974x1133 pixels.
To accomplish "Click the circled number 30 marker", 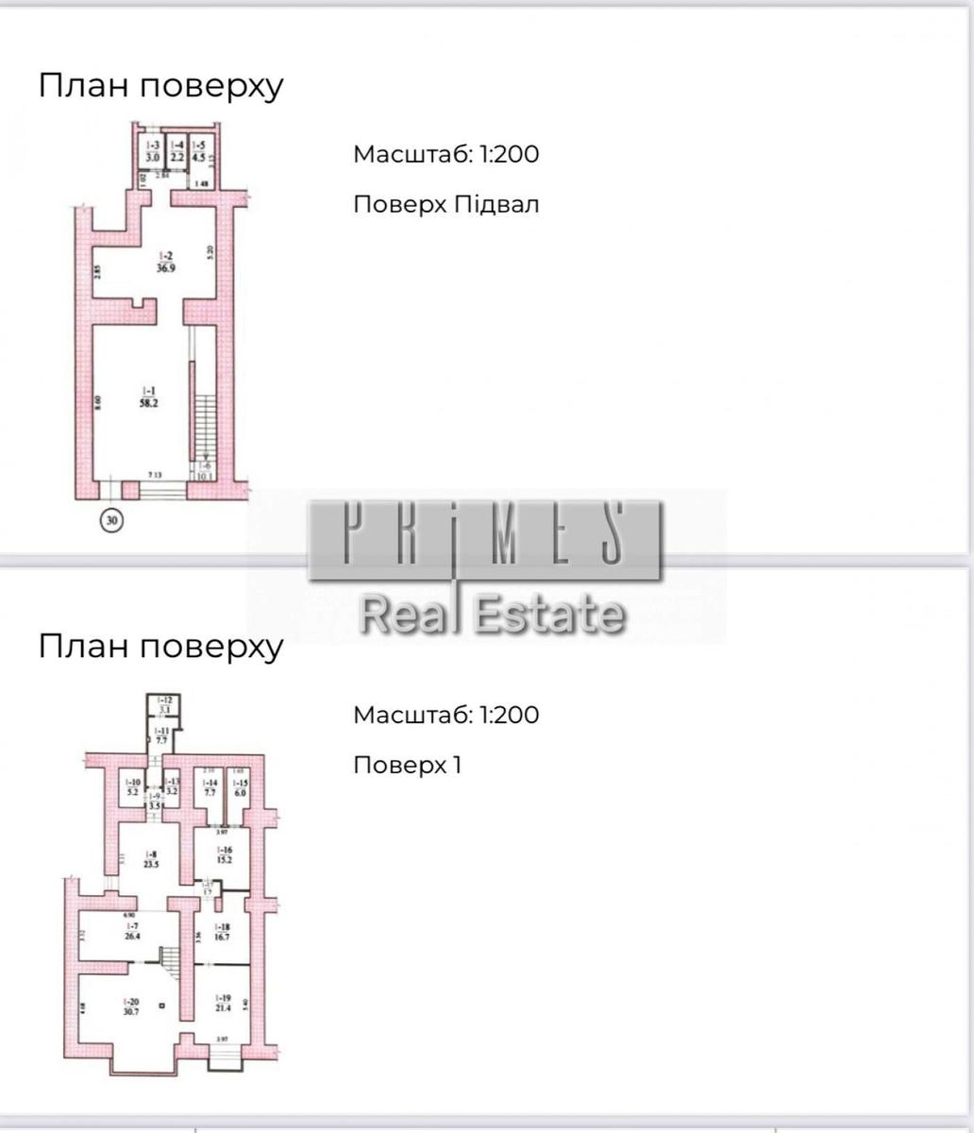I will click(x=112, y=518).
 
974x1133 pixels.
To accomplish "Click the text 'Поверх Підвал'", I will click(x=445, y=205).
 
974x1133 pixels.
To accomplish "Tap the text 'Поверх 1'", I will click(x=407, y=764).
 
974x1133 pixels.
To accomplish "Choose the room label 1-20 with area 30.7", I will click(x=125, y=1006).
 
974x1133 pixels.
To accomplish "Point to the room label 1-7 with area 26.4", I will click(x=132, y=933).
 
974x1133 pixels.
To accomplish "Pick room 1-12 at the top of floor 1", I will click(x=164, y=703).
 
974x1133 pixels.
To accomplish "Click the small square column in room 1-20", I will click(x=162, y=1006).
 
